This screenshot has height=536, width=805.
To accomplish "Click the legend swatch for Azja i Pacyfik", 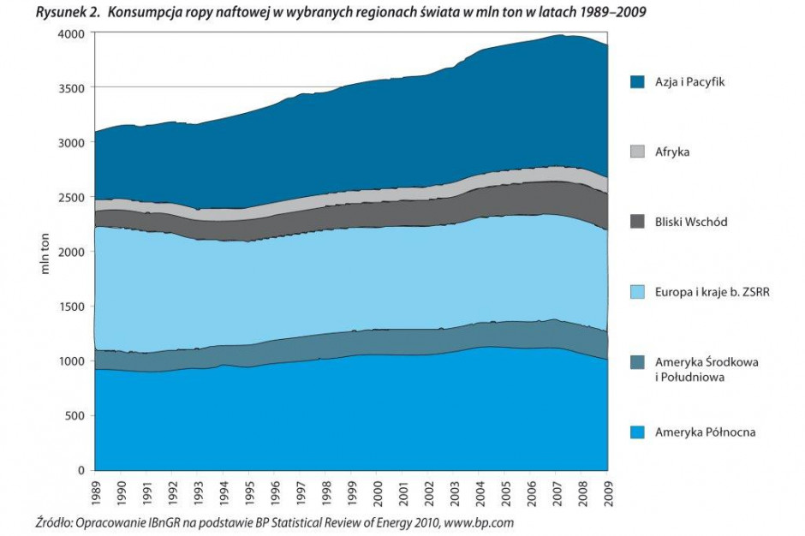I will (x=637, y=82).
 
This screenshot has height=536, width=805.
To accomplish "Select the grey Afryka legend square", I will (x=637, y=152).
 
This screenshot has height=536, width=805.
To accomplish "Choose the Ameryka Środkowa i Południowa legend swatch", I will (x=637, y=362).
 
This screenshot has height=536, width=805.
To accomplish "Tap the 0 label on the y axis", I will (x=82, y=471).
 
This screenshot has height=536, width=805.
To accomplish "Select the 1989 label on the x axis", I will (x=95, y=491).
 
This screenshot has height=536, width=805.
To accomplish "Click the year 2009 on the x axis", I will (x=607, y=491).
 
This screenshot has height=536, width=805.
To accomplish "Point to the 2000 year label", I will (x=377, y=491).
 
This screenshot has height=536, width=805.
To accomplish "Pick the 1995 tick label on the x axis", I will (x=248, y=491).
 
